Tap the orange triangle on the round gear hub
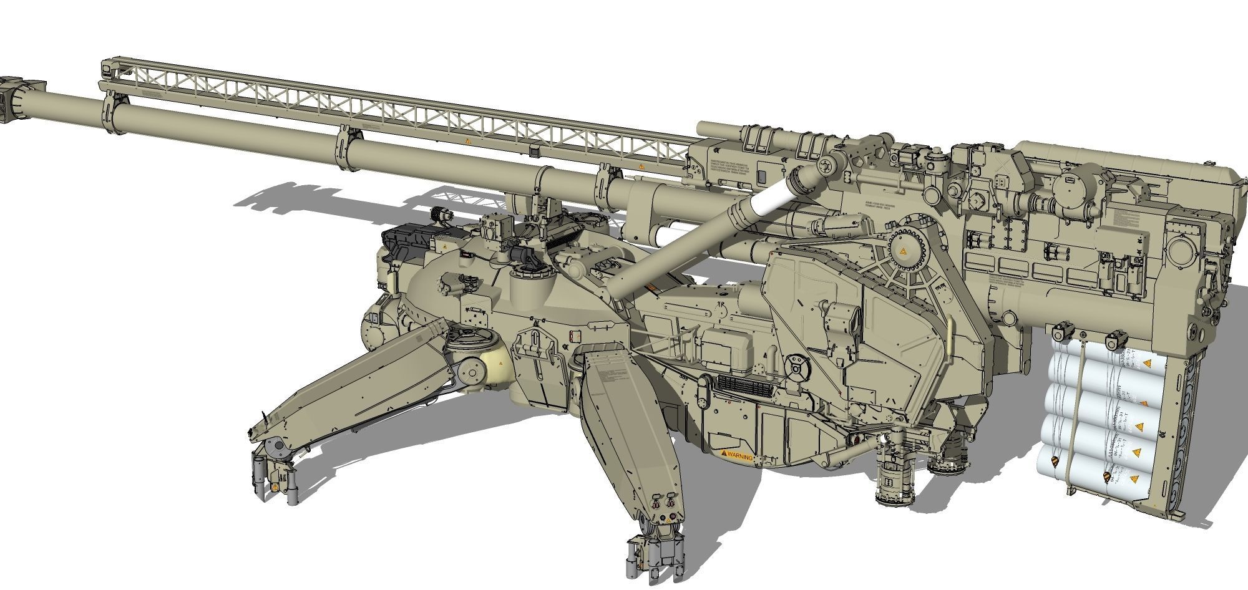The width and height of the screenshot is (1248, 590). click(902, 251)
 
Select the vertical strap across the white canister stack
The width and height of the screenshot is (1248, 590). click(1075, 412)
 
